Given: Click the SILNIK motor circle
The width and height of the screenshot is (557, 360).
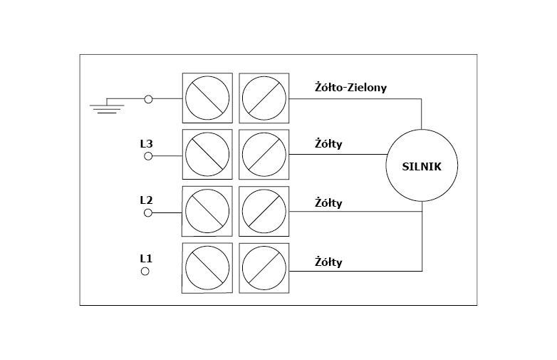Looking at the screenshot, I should (422, 166).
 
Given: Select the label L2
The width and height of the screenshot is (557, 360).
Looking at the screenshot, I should (146, 200).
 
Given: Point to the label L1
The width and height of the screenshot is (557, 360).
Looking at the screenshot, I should (146, 257).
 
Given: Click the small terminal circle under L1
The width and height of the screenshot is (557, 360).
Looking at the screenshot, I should (146, 271).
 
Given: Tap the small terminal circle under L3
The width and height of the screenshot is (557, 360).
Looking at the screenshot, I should (148, 155).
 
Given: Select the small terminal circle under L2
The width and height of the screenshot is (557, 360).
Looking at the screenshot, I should (148, 212).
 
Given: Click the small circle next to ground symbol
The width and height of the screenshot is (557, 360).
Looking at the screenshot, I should (148, 99).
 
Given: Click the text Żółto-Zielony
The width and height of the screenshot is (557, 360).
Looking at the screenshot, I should (350, 86).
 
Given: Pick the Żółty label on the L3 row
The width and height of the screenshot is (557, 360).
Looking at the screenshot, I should (328, 144).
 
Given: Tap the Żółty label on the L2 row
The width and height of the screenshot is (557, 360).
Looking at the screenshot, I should (328, 203).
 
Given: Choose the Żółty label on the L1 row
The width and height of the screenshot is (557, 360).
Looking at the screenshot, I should (328, 262).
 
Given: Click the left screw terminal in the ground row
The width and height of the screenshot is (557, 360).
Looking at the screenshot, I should (207, 98).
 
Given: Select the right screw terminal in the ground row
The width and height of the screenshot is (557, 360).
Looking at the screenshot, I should (264, 98).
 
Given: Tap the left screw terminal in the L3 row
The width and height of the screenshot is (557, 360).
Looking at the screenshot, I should (207, 154).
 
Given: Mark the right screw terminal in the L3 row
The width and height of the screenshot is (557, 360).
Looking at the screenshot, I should (264, 154).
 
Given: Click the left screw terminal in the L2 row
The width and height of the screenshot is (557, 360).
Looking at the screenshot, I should (207, 211).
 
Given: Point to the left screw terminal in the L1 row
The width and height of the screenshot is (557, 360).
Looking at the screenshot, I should (207, 268).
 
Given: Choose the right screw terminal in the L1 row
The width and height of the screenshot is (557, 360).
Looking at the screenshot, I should (264, 268).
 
